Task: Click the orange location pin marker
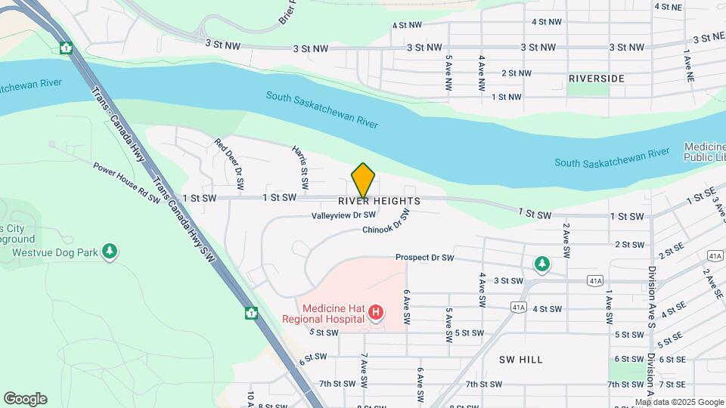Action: (363, 180)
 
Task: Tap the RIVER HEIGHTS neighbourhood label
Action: (379, 201)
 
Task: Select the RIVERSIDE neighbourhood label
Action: (596, 79)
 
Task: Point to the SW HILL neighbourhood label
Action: (521, 360)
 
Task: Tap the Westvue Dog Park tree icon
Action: (110, 252)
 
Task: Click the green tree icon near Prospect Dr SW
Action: (541, 264)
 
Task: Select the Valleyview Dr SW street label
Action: (343, 215)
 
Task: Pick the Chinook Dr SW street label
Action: (386, 224)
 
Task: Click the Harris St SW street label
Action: (300, 167)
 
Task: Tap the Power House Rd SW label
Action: (127, 183)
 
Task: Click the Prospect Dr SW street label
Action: (424, 258)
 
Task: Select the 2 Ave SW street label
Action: (565, 238)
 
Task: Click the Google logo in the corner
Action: (25, 399)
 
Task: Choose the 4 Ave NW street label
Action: (481, 73)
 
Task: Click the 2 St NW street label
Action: (517, 73)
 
